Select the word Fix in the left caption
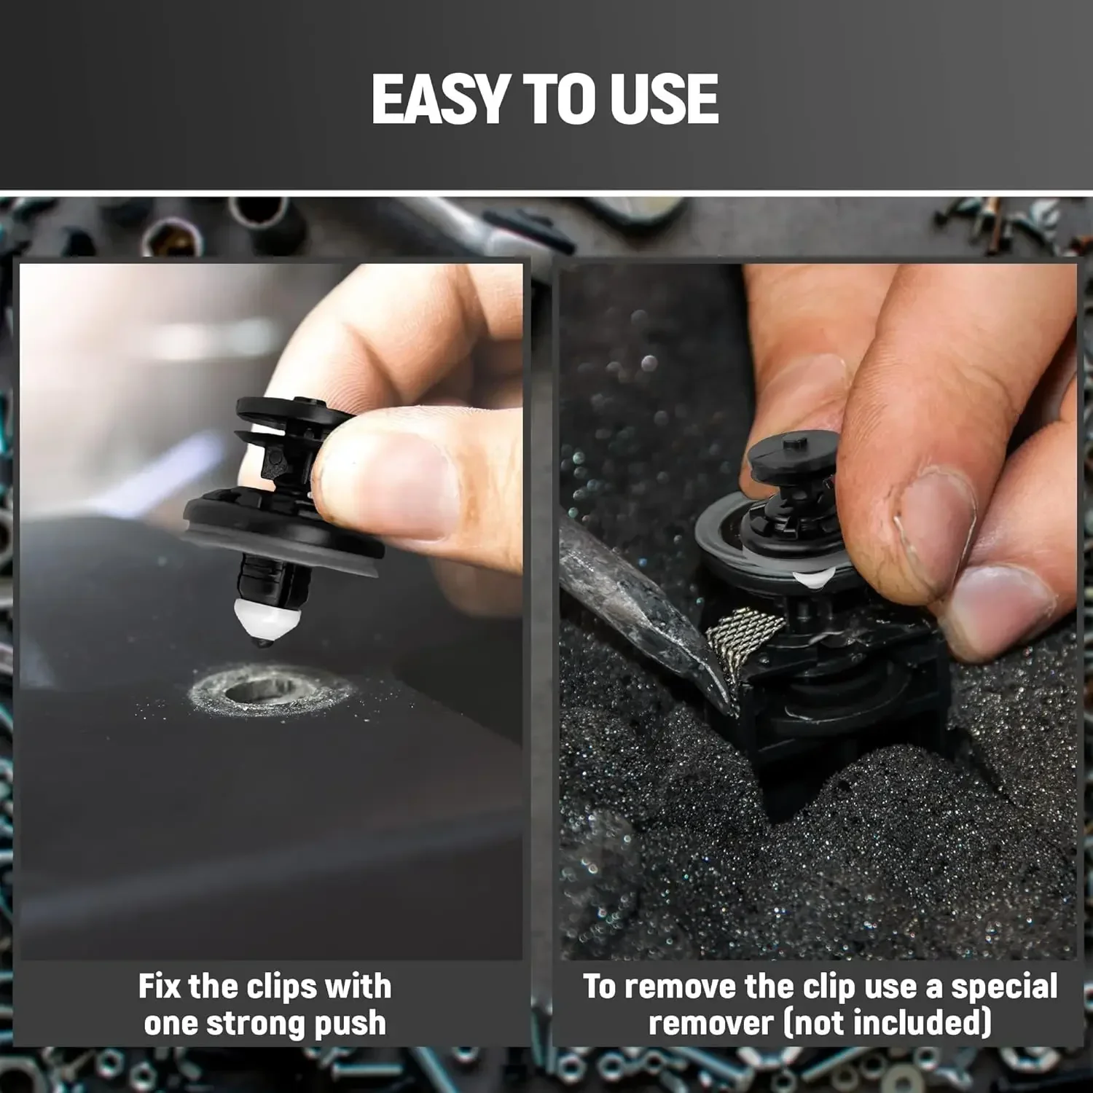point(160,987)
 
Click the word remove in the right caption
point(681,987)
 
